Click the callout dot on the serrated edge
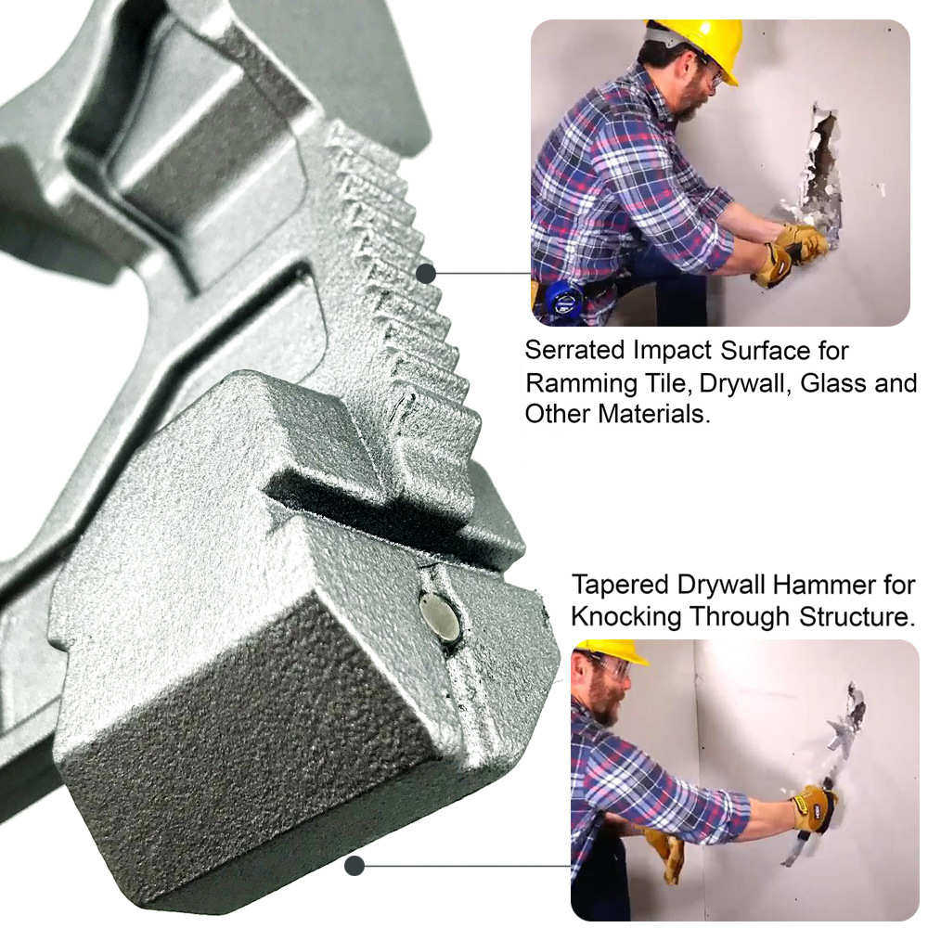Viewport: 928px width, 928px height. click(426, 274)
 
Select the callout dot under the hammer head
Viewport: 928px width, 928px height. click(354, 866)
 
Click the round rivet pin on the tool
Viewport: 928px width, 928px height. click(439, 618)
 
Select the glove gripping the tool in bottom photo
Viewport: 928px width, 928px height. click(814, 806)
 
